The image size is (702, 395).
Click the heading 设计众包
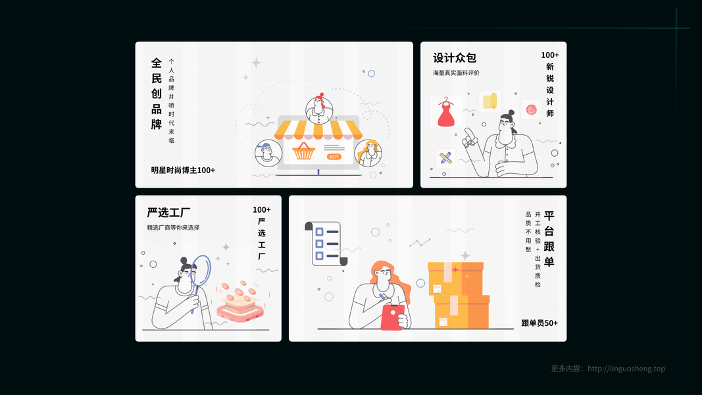click(455, 58)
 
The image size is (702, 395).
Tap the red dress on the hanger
click(446, 113)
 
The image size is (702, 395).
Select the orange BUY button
click(334, 157)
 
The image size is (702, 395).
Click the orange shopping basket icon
click(303, 151)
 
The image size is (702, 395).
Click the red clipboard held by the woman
click(392, 317)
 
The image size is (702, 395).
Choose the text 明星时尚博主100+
click(183, 171)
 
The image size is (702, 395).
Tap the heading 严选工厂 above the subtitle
click(169, 212)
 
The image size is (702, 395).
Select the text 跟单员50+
click(539, 323)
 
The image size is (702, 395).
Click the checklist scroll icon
click(326, 244)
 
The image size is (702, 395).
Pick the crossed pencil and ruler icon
click(445, 158)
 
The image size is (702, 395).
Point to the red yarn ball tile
click(531, 109)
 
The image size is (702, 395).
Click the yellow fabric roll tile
click(489, 101)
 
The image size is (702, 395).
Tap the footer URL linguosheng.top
click(626, 369)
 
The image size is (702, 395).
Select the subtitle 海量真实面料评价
click(456, 73)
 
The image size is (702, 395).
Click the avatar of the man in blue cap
click(268, 153)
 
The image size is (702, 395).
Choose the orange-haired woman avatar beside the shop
click(368, 153)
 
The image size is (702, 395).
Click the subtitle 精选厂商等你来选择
click(173, 228)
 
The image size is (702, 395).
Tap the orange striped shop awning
click(318, 130)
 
